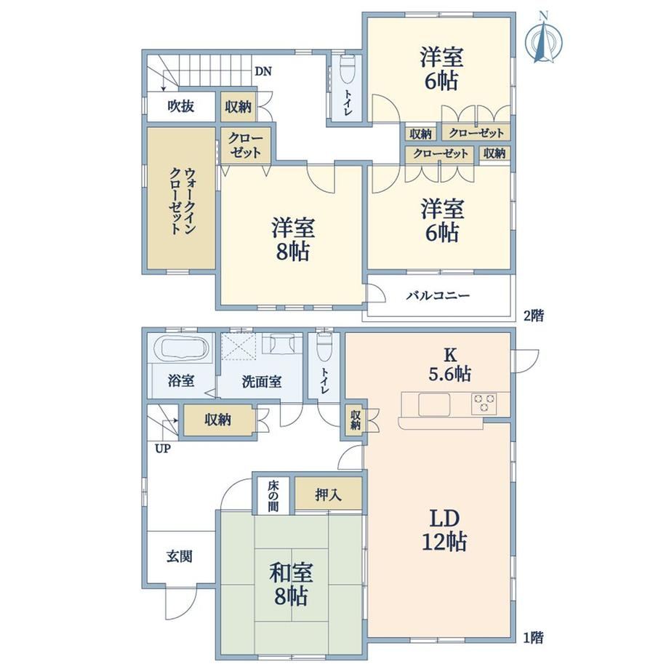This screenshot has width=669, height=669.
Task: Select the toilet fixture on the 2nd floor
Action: point(348,70)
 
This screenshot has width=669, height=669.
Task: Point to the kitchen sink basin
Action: point(434,404)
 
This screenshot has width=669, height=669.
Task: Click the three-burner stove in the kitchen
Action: point(484,404)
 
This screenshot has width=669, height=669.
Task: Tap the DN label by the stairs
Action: point(263,71)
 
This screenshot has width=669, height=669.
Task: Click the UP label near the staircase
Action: point(163,449)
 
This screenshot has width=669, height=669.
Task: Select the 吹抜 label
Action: point(181,106)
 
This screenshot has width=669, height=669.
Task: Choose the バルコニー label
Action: point(438,295)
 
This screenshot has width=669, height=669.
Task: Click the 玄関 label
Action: point(180,556)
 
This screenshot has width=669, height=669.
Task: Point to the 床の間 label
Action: point(273,496)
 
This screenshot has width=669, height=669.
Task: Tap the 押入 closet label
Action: point(329,495)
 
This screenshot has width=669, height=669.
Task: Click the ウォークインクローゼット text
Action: point(181,201)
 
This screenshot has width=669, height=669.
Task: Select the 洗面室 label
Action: point(262,382)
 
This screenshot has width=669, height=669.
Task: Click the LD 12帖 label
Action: point(444,530)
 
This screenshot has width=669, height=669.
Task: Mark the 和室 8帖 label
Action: point(291,584)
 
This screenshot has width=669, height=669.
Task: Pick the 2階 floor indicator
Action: point(534,316)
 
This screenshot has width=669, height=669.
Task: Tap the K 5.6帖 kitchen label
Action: point(449,364)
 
